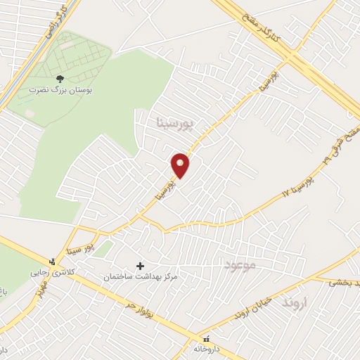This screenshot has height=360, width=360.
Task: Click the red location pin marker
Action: (181, 165)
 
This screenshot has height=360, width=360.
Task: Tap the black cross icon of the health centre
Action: (140, 266)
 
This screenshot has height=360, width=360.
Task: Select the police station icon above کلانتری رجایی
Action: (51, 262)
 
